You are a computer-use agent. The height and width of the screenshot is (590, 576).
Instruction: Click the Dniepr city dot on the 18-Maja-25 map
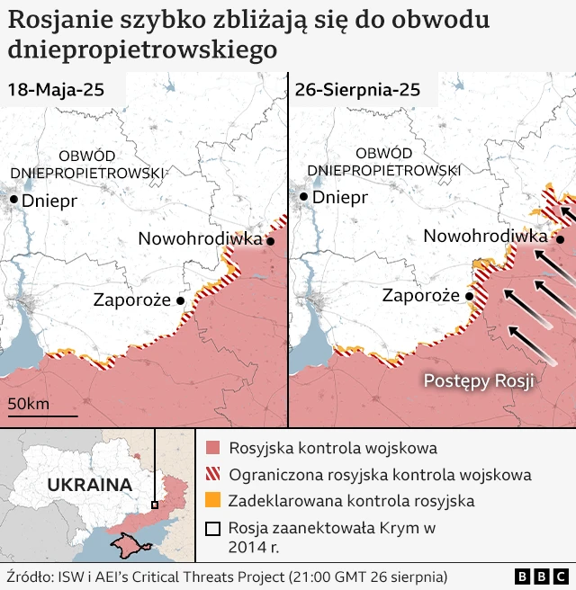coord(13,200)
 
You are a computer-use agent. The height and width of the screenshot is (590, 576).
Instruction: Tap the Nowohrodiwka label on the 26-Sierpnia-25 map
coord(485,236)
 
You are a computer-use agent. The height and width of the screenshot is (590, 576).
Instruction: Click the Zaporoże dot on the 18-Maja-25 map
coord(181,301)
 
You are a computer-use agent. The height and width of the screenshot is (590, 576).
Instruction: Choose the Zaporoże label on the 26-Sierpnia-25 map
coord(421,296)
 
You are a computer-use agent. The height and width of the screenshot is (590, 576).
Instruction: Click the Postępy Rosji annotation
coord(479,381)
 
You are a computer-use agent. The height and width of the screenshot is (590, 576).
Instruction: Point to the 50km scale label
coord(29,404)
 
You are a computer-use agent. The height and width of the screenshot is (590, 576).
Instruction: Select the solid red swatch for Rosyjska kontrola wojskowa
coord(212,448)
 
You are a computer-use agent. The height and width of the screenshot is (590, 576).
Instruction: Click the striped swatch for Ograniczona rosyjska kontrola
coord(212,474)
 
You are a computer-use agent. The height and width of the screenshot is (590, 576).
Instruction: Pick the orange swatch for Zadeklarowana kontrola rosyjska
coord(212,500)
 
